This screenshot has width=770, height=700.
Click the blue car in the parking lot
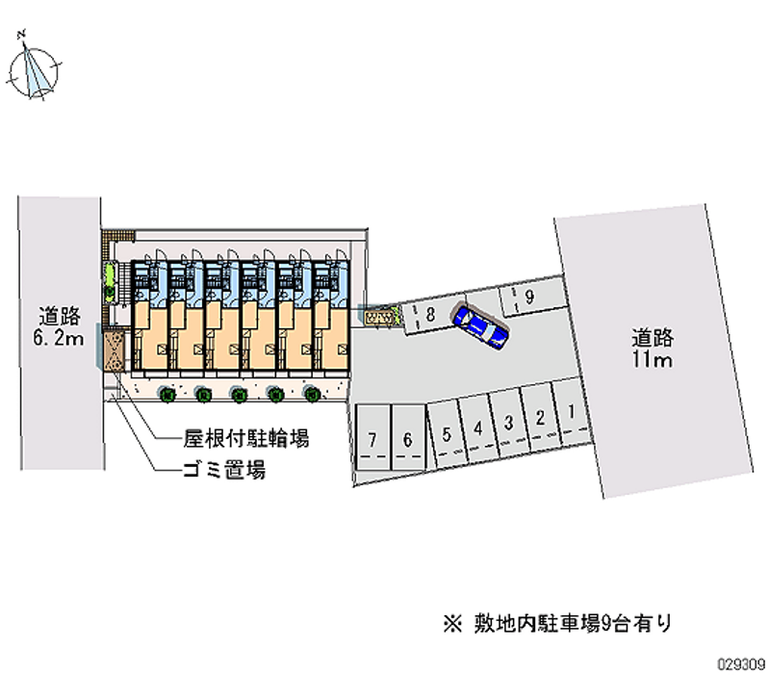480,324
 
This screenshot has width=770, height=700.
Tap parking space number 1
572,414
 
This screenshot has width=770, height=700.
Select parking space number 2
540,418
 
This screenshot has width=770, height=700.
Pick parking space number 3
507,423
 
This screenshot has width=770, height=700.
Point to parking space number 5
446,433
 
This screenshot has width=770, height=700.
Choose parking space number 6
408,439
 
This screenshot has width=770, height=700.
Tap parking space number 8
429,314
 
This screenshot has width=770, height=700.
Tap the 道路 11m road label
652,350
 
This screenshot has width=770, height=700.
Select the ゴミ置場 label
225,471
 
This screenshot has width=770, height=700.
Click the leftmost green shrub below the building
167,393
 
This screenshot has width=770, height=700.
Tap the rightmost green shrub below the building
311,393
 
